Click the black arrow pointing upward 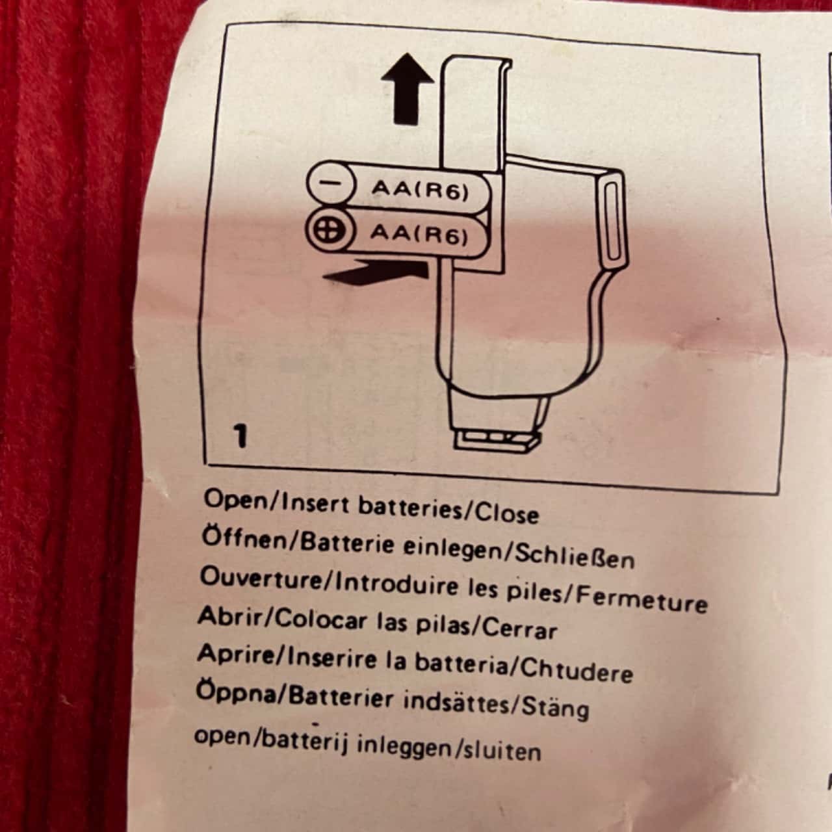tap(407, 90)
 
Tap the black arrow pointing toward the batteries tap(376, 273)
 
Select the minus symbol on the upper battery tap(331, 183)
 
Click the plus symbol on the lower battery tap(330, 231)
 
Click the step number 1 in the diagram tap(240, 436)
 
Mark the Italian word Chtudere tap(577, 669)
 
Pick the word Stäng tap(556, 707)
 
